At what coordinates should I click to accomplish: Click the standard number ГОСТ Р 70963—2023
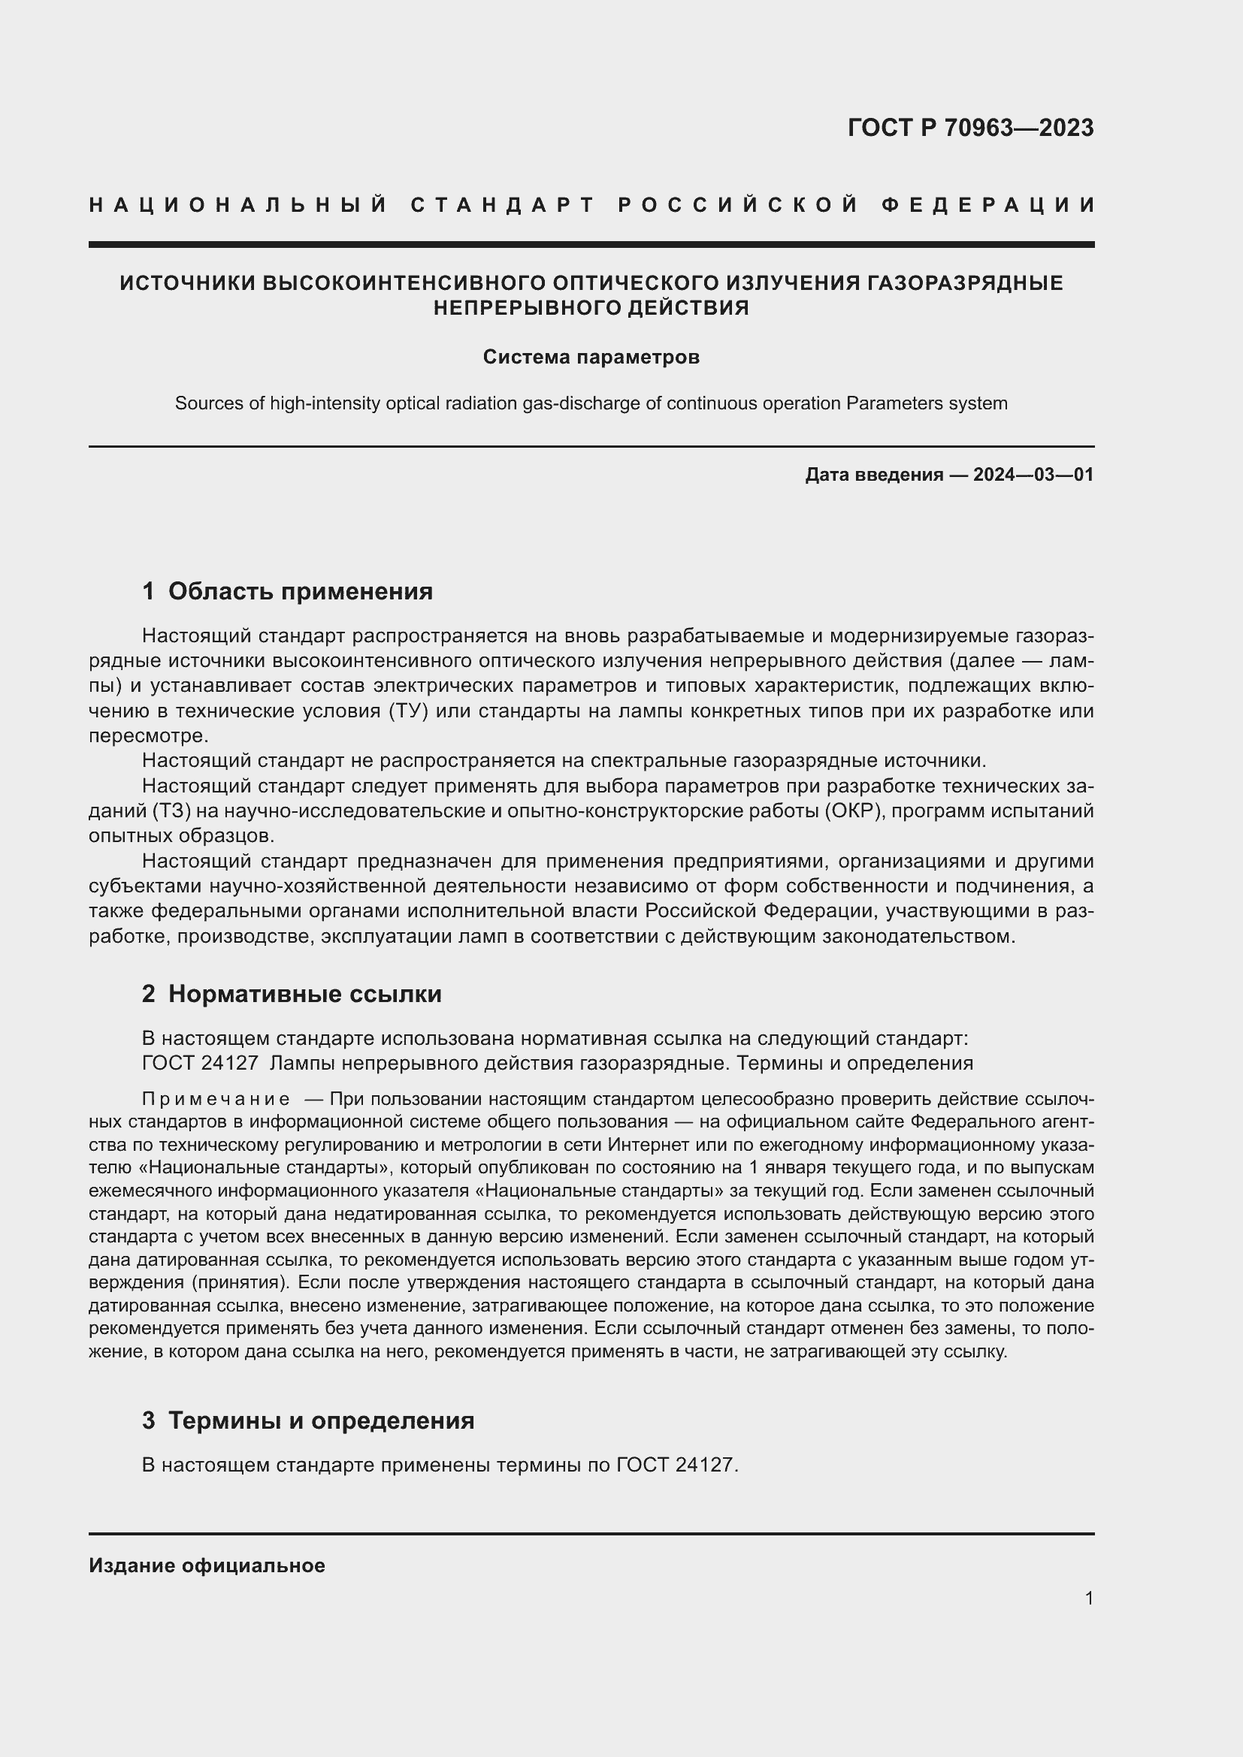[x=969, y=128]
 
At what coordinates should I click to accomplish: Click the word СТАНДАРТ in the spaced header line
[x=503, y=205]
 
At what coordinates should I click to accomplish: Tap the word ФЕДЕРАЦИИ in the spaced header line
[x=987, y=205]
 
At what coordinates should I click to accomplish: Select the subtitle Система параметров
[x=591, y=358]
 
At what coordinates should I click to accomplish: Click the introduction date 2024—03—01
[x=1033, y=475]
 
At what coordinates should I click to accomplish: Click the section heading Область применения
[x=300, y=590]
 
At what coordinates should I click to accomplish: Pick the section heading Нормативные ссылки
[x=304, y=993]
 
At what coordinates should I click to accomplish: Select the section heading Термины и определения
[x=321, y=1420]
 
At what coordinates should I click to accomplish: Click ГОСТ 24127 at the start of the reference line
[x=200, y=1063]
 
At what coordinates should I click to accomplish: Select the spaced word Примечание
[x=216, y=1100]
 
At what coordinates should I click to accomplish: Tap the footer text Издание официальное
[x=207, y=1565]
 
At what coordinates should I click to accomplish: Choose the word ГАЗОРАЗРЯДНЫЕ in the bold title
[x=964, y=283]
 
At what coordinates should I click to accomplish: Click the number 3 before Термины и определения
[x=149, y=1420]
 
